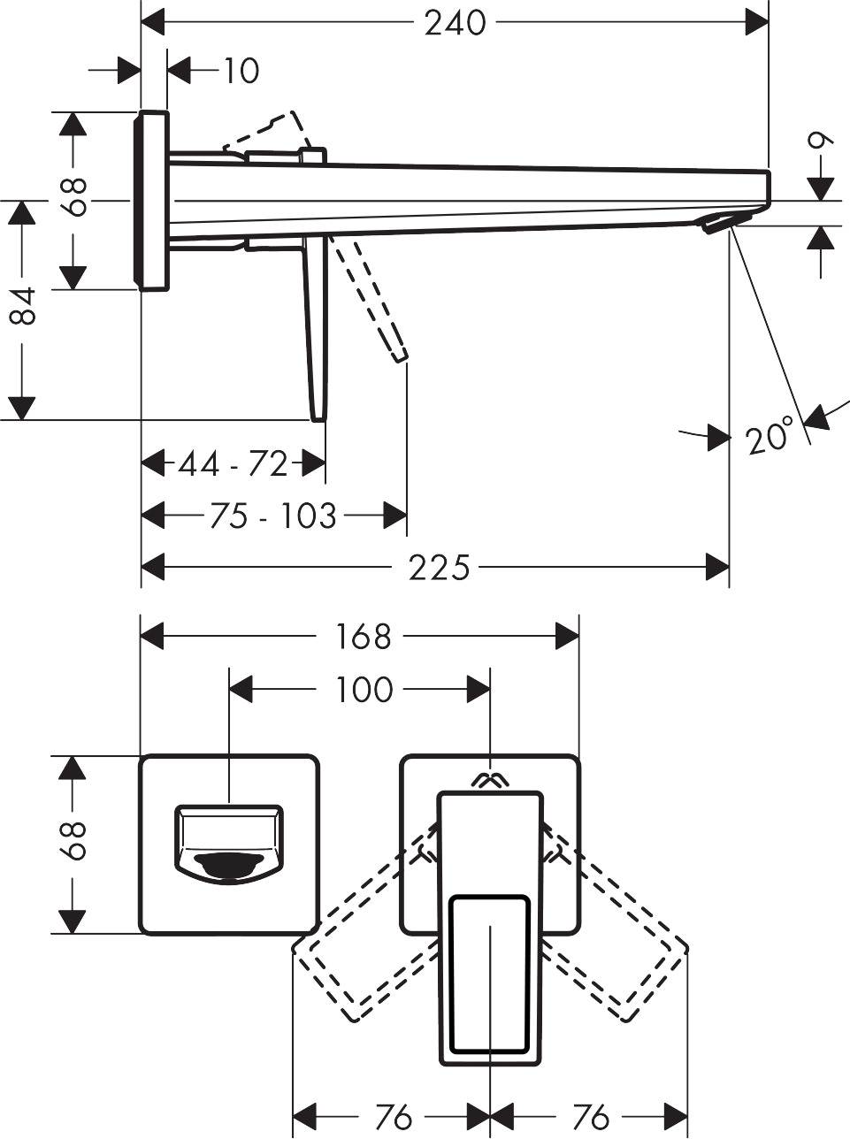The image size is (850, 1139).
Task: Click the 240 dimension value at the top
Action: (x=455, y=23)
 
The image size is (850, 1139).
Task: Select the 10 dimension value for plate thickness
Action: (x=240, y=71)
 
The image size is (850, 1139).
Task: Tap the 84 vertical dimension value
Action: (x=23, y=305)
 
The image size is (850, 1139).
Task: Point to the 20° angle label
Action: (x=768, y=438)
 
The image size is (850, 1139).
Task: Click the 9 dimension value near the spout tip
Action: (x=822, y=141)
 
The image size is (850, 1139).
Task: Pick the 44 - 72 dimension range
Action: (x=234, y=463)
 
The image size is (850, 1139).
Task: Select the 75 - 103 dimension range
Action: (x=273, y=516)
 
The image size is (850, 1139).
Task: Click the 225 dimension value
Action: (x=439, y=568)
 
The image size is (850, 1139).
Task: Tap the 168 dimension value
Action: (x=364, y=637)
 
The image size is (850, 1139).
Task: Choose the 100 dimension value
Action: (x=364, y=690)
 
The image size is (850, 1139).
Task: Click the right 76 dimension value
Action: (x=591, y=1118)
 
